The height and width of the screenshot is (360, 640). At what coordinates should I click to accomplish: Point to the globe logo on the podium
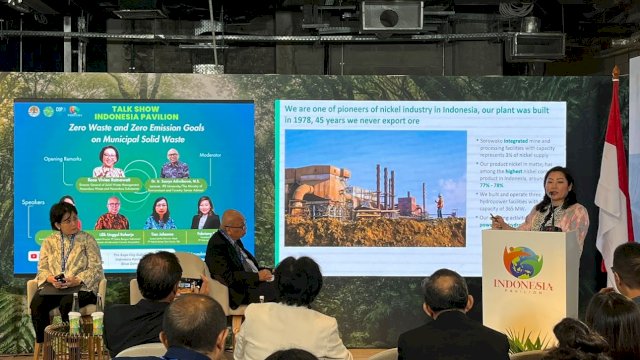pos(523,262)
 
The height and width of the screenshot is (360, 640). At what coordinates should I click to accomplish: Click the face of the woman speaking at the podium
pos(552,184)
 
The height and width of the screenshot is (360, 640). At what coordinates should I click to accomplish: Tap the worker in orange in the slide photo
pos(438,205)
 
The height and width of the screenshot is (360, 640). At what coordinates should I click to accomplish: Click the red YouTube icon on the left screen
pos(34,255)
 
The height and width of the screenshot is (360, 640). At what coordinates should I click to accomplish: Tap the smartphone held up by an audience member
pos(187,284)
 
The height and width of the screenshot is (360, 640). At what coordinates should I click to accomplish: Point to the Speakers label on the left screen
pos(35,200)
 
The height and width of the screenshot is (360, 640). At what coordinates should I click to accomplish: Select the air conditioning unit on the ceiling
pos(391,15)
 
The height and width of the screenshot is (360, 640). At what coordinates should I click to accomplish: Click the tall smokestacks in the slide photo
pos(384,186)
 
